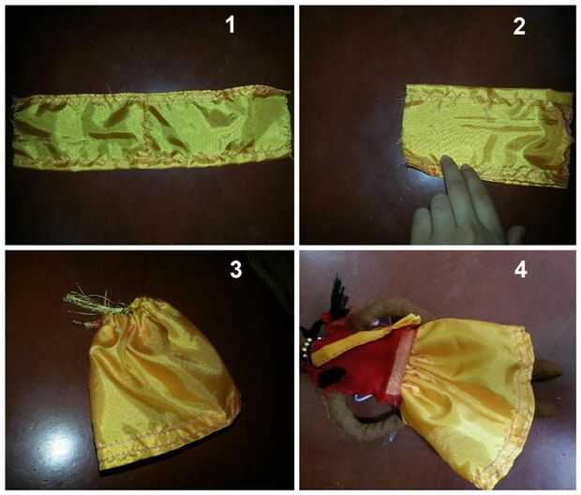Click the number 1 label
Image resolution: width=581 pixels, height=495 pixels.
[x=231, y=25]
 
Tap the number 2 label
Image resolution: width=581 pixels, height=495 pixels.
[x=519, y=26]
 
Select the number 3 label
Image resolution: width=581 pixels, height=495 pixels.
[x=235, y=269]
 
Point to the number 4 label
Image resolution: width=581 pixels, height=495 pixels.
[x=521, y=270]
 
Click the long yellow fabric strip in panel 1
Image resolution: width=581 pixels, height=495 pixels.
[x=151, y=129]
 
